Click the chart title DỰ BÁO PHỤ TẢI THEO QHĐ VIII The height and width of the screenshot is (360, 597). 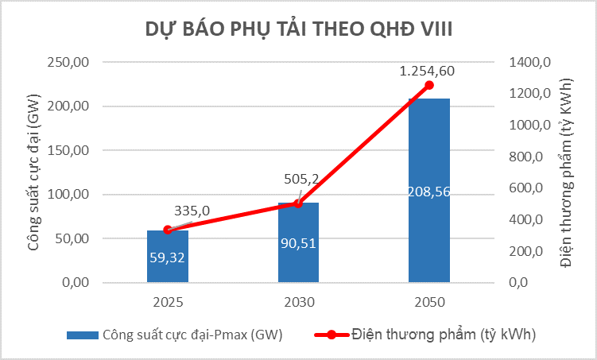coord(298,29)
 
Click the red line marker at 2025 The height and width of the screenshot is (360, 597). coord(168,230)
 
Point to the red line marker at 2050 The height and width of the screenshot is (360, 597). coord(429,85)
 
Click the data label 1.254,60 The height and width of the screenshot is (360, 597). coord(427,71)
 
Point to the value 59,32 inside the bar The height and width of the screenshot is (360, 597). coord(168,256)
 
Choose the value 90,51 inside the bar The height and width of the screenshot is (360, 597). coord(298,242)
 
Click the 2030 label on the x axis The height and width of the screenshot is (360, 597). coord(298,303)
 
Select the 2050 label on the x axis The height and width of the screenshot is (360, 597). coord(429,303)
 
